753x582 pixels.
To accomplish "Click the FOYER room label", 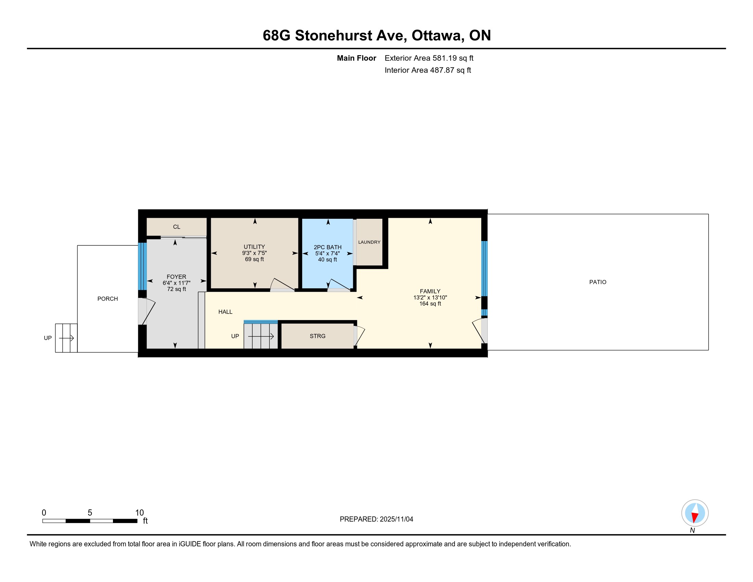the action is tap(176, 277).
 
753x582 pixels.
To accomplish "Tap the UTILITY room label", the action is tap(254, 247).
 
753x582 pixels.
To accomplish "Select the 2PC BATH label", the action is tap(328, 247).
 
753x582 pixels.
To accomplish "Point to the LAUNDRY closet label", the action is tap(369, 242).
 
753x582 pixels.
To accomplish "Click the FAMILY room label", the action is tap(430, 291).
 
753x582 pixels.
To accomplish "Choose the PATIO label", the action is tap(598, 282).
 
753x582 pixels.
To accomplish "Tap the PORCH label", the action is tap(107, 299).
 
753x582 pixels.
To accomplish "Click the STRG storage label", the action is tap(317, 336).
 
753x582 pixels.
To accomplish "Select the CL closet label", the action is tap(177, 227).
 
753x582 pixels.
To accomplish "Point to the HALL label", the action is tap(225, 312).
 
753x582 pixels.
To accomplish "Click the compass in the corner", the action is tap(695, 513).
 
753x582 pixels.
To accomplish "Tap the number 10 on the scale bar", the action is tap(139, 513).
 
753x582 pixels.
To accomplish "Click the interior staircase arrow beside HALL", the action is tap(261, 336).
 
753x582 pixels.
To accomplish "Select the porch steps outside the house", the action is tap(66, 338).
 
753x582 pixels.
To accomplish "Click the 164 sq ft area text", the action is tap(430, 304).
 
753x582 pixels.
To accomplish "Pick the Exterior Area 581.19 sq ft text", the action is tap(429, 58).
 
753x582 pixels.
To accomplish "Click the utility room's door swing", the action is tap(282, 285).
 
